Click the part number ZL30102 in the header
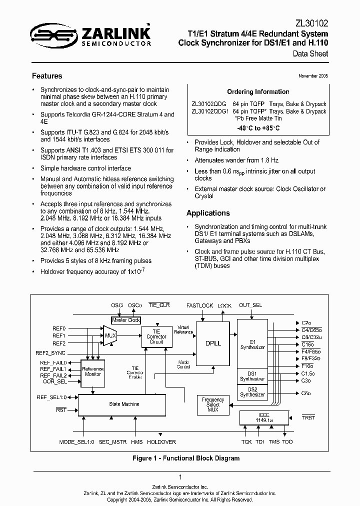[x=313, y=23]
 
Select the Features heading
[x=47, y=76]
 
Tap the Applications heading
[x=208, y=213]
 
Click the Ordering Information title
[x=258, y=92]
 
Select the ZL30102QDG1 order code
[x=210, y=111]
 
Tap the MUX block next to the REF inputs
[x=110, y=336]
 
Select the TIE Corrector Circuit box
[x=156, y=336]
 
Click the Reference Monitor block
[x=93, y=371]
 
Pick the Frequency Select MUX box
[x=213, y=405]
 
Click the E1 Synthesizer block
[x=252, y=344]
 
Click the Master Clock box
[x=126, y=320]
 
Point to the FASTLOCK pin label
[x=199, y=305]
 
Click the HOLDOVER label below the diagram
[x=160, y=442]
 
